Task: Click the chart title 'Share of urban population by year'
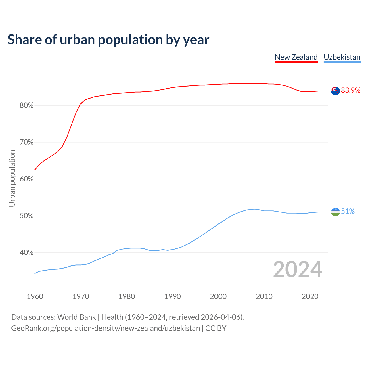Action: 108,40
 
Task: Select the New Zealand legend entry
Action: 296,57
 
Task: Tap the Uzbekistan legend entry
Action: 342,57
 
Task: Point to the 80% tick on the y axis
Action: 26,106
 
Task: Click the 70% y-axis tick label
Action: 26,142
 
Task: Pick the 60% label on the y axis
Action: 26,179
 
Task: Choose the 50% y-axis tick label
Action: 26,216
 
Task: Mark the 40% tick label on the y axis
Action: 26,253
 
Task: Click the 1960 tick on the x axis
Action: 35,296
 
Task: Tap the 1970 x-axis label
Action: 81,296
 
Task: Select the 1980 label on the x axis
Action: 126,296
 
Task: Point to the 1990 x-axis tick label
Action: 172,296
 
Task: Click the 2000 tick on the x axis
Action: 218,296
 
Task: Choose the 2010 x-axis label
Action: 264,296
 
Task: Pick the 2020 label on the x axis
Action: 310,296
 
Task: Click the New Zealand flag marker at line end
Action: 335,91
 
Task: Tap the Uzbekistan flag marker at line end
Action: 335,212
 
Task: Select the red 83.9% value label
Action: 350,91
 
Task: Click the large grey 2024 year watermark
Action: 298,270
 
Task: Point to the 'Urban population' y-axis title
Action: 12,179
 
